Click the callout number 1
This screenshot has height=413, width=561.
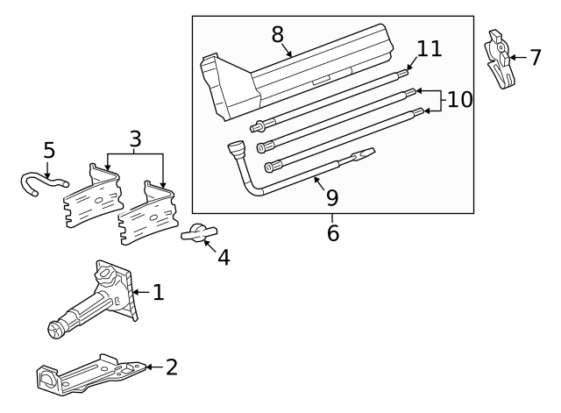click(x=158, y=292)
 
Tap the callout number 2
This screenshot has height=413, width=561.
click(x=171, y=367)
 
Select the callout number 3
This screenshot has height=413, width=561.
click(x=134, y=139)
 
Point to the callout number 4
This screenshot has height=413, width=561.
click(x=224, y=258)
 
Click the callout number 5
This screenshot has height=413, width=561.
click(x=48, y=151)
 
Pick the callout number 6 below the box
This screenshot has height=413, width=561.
click(x=332, y=234)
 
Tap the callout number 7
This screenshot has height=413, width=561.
click(x=536, y=58)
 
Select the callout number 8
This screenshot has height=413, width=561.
click(x=278, y=35)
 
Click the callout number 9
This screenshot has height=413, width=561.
click(x=330, y=198)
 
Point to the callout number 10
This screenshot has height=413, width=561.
click(x=459, y=99)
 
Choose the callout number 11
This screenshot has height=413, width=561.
click(x=429, y=48)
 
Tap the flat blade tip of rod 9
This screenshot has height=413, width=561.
click(x=364, y=155)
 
